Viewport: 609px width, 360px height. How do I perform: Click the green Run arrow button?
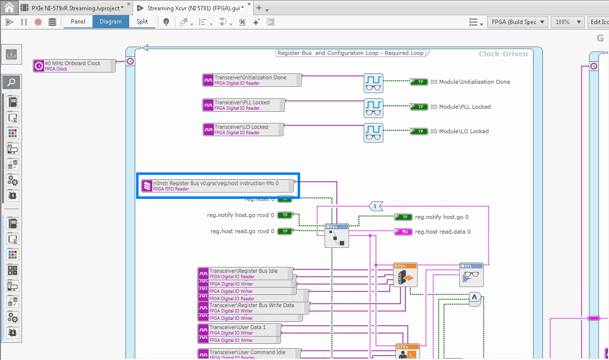click(x=9, y=22)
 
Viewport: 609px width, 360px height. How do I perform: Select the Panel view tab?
click(x=78, y=22)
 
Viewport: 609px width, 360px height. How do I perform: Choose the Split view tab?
click(x=142, y=22)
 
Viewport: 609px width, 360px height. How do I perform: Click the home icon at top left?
click(x=9, y=8)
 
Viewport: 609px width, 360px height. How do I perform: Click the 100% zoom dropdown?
click(x=567, y=22)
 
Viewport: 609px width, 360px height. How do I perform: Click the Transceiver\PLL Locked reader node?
click(x=243, y=105)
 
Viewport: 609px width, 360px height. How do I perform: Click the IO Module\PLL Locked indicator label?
click(x=460, y=107)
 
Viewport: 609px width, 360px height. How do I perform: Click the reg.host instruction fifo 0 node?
click(x=218, y=186)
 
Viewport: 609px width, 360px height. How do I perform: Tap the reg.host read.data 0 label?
click(x=443, y=232)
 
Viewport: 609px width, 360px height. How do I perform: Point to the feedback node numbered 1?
click(x=375, y=206)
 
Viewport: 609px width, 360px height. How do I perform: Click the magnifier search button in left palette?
click(x=12, y=82)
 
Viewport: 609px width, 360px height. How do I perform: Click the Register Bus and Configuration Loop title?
click(x=350, y=53)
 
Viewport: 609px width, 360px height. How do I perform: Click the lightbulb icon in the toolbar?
click(x=166, y=22)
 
